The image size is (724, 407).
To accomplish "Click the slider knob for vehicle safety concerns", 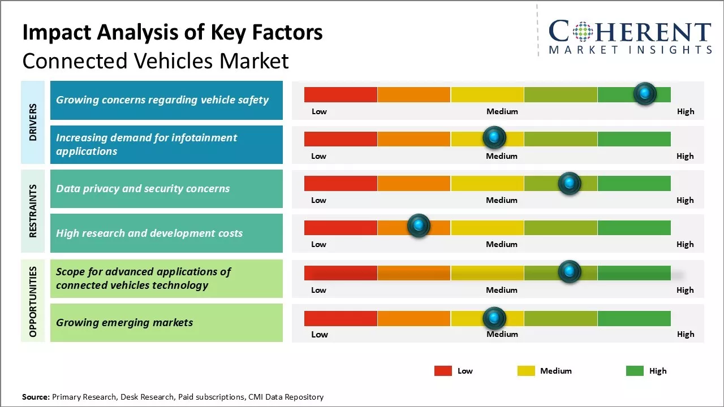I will pos(645,93).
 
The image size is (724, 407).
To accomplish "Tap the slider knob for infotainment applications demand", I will pos(494,137).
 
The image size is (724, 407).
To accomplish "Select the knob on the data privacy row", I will pos(570,183).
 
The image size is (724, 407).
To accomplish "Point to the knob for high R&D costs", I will pos(419,226).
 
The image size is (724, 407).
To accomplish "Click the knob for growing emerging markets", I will pos(494,318).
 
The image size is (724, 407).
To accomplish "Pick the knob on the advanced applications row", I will pos(570,272).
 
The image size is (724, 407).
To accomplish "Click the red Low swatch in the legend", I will pos(443,371).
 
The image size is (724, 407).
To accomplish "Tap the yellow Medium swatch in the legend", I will pos(526,371).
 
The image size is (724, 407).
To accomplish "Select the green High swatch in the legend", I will pos(635,371).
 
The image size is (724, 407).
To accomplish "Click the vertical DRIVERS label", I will pos(33,122).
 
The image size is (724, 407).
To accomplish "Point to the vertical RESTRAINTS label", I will pos(33,210).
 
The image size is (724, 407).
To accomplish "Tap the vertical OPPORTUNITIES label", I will pos(33,302).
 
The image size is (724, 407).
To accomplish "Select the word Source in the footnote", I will pos(36,397).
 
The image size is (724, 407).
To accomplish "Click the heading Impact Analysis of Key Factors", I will pos(173,33).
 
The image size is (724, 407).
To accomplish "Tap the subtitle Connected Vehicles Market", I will pos(156,60).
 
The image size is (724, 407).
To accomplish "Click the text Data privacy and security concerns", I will pos(143,188).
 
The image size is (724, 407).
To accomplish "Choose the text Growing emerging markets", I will pos(124,323).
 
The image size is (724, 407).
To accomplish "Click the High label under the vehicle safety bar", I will pos(686,111).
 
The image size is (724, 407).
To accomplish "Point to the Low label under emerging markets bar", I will pos(320,334).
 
